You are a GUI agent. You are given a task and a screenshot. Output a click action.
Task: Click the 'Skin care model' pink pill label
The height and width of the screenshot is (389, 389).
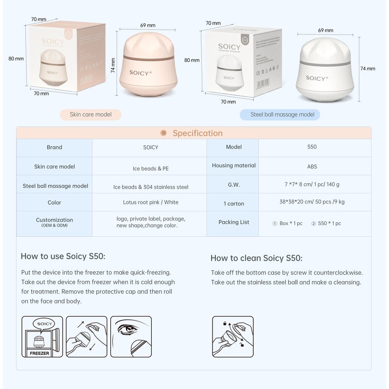(90, 115)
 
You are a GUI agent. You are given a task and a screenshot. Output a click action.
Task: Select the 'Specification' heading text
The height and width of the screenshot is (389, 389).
(197, 133)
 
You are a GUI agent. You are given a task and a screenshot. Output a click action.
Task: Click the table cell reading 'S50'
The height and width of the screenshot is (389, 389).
(312, 147)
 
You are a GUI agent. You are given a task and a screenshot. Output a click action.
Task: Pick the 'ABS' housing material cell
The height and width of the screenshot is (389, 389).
(312, 166)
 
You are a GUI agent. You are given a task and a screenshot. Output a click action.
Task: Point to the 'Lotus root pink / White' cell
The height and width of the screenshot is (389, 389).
(150, 202)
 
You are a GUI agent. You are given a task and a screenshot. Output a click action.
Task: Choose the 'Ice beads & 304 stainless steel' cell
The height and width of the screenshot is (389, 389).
(151, 187)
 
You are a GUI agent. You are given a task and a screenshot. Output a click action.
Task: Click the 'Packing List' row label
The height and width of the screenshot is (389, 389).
(233, 222)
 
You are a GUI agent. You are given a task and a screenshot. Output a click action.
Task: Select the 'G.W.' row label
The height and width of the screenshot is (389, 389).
(233, 185)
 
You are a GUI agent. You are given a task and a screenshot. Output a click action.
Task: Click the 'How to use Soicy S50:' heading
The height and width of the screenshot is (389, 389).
(63, 256)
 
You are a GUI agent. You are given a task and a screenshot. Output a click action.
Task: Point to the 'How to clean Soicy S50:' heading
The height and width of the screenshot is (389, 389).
(256, 258)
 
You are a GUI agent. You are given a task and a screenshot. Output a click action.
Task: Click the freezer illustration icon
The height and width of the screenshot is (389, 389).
(42, 336)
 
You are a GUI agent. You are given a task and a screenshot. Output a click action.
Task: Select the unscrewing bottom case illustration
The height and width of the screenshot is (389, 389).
(232, 336)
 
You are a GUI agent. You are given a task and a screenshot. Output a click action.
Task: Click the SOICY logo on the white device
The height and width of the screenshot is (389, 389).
(317, 78)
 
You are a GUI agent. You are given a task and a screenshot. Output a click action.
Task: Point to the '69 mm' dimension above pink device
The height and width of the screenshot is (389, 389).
(148, 25)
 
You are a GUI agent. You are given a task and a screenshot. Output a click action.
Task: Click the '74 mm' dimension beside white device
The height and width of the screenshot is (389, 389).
(368, 69)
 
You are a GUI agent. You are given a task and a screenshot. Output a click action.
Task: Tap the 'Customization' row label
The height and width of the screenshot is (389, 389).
(54, 221)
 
